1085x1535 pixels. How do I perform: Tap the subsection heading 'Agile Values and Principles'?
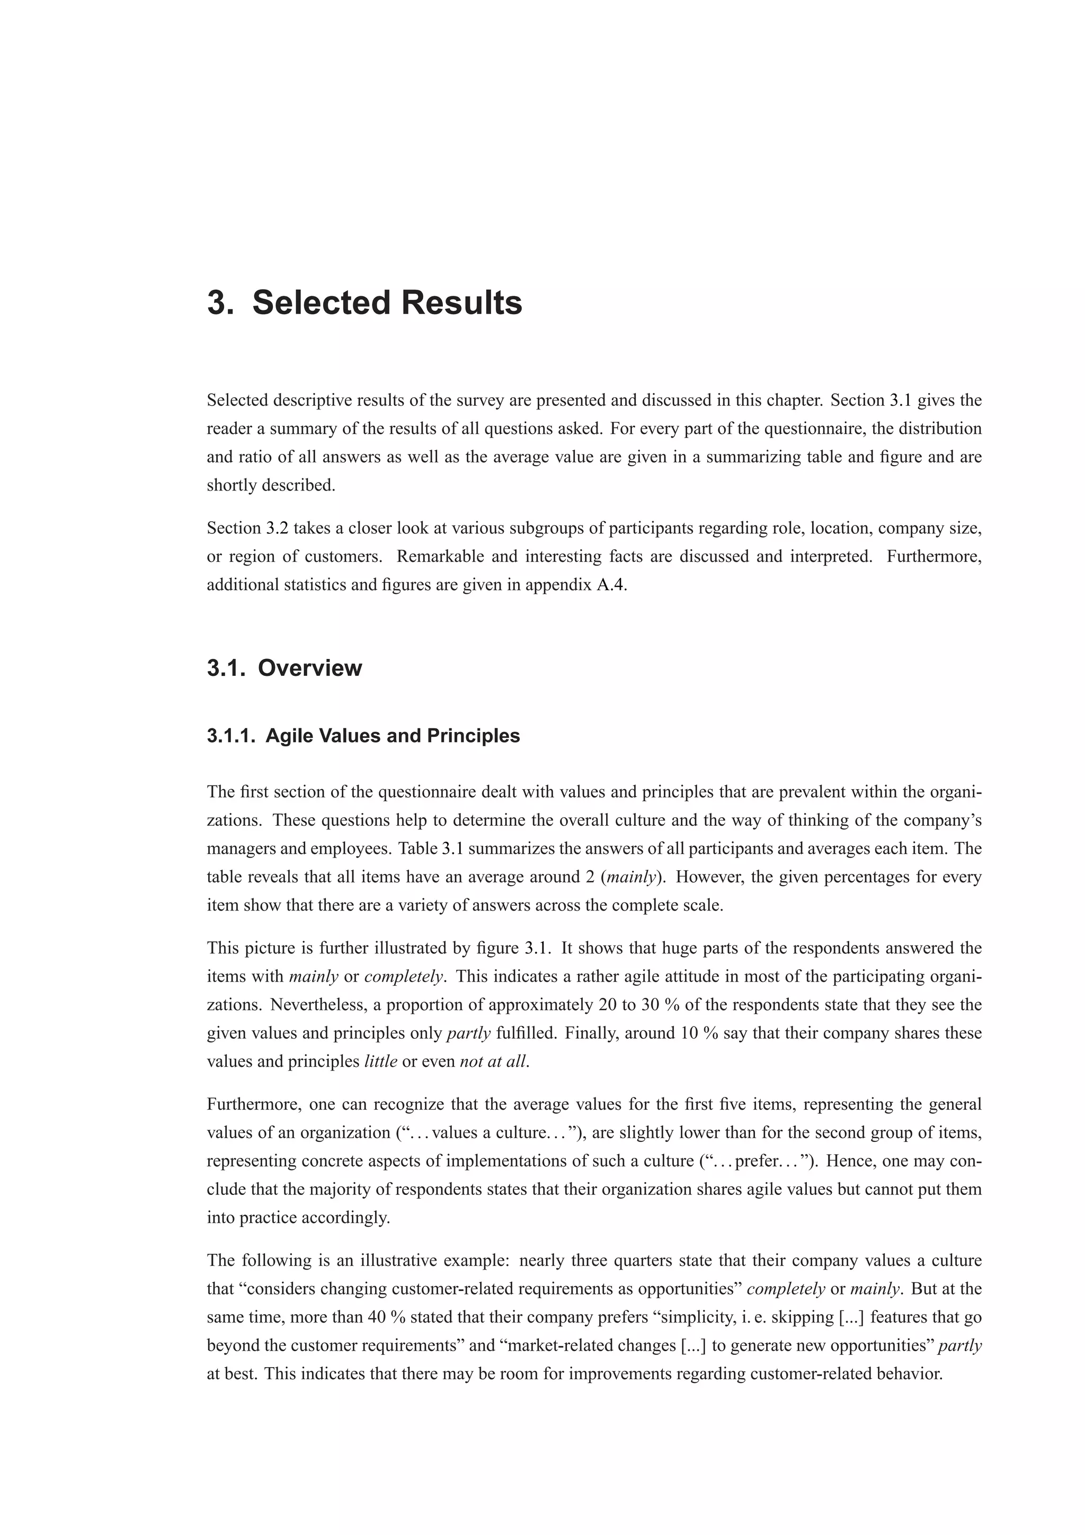tap(393, 736)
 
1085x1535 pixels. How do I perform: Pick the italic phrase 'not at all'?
tap(493, 1061)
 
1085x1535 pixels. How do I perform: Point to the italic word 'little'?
tap(380, 1061)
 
